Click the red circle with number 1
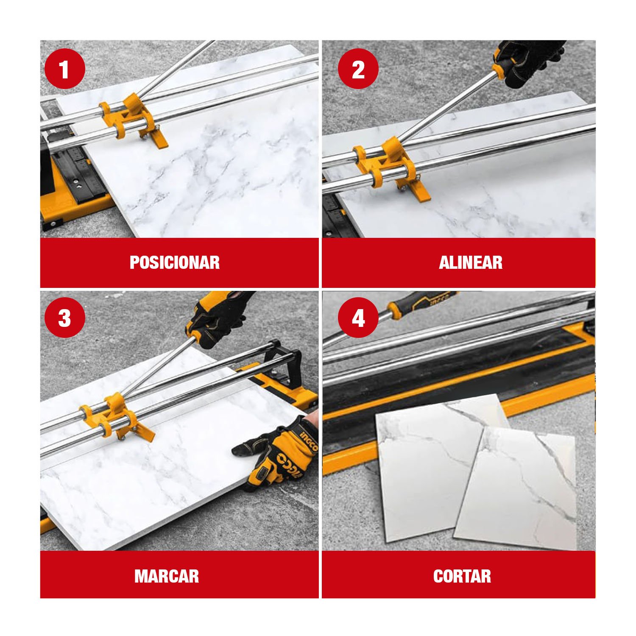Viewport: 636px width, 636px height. (64, 69)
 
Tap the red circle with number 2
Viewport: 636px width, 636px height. (358, 69)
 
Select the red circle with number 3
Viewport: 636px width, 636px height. (64, 318)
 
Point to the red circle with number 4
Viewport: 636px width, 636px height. (358, 318)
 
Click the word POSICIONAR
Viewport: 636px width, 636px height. (175, 262)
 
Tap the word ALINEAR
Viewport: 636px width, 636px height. (471, 262)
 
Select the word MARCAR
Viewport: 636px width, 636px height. (167, 576)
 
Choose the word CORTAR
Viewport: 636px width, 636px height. (462, 576)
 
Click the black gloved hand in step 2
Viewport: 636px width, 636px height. (530, 61)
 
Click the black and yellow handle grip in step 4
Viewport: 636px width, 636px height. (420, 303)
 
